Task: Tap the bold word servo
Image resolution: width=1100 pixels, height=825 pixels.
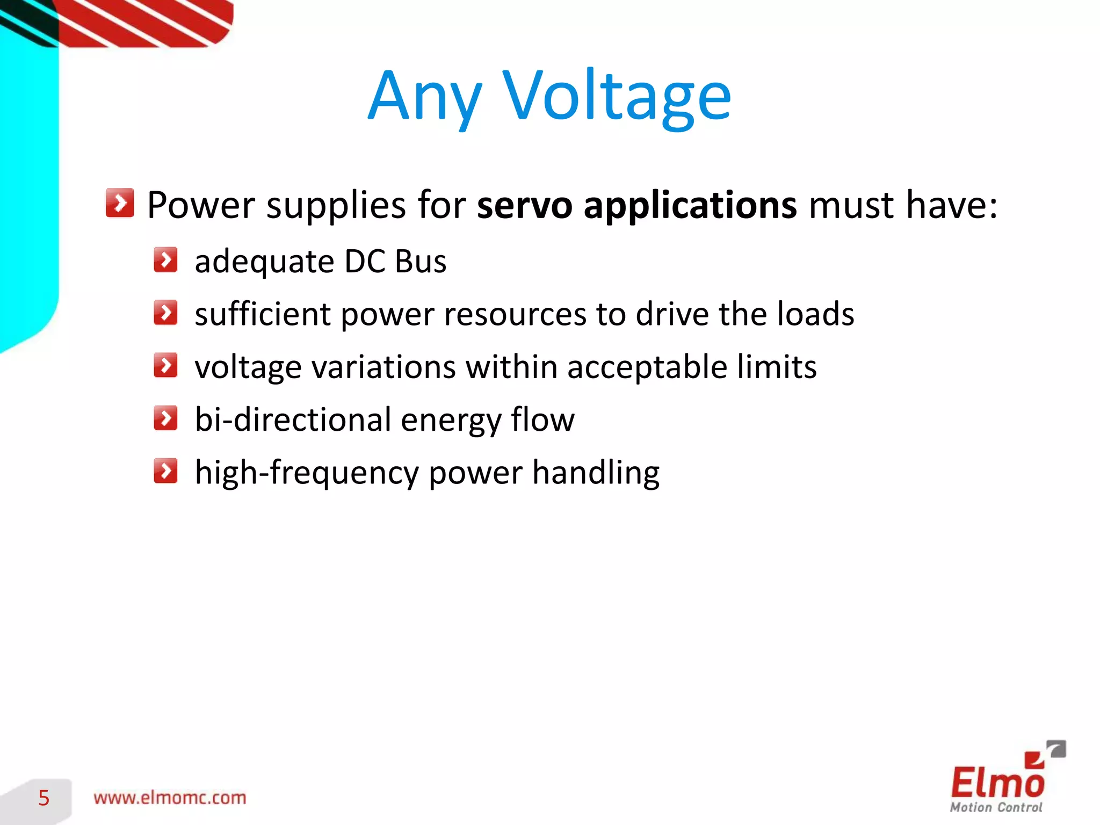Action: point(525,205)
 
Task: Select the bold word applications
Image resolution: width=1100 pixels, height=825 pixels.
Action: point(690,205)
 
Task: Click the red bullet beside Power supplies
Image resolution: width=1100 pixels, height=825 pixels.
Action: point(119,203)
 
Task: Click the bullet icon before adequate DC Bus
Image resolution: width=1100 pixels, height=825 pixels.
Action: point(165,260)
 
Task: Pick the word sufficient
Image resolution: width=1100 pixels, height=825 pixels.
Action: point(262,314)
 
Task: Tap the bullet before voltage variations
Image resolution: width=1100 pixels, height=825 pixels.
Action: point(165,365)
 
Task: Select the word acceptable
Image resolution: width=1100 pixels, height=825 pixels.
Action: point(647,367)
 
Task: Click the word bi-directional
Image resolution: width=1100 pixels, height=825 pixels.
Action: point(293,419)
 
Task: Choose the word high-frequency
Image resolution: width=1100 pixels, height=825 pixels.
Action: point(307,473)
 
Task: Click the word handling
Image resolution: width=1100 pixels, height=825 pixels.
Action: point(596,473)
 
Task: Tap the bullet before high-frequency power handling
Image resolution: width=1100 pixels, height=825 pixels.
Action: point(165,471)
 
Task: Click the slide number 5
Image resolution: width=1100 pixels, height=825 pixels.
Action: point(44,798)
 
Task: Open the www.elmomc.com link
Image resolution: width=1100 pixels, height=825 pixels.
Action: point(170,798)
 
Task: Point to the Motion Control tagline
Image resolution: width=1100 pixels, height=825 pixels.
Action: point(996,807)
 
